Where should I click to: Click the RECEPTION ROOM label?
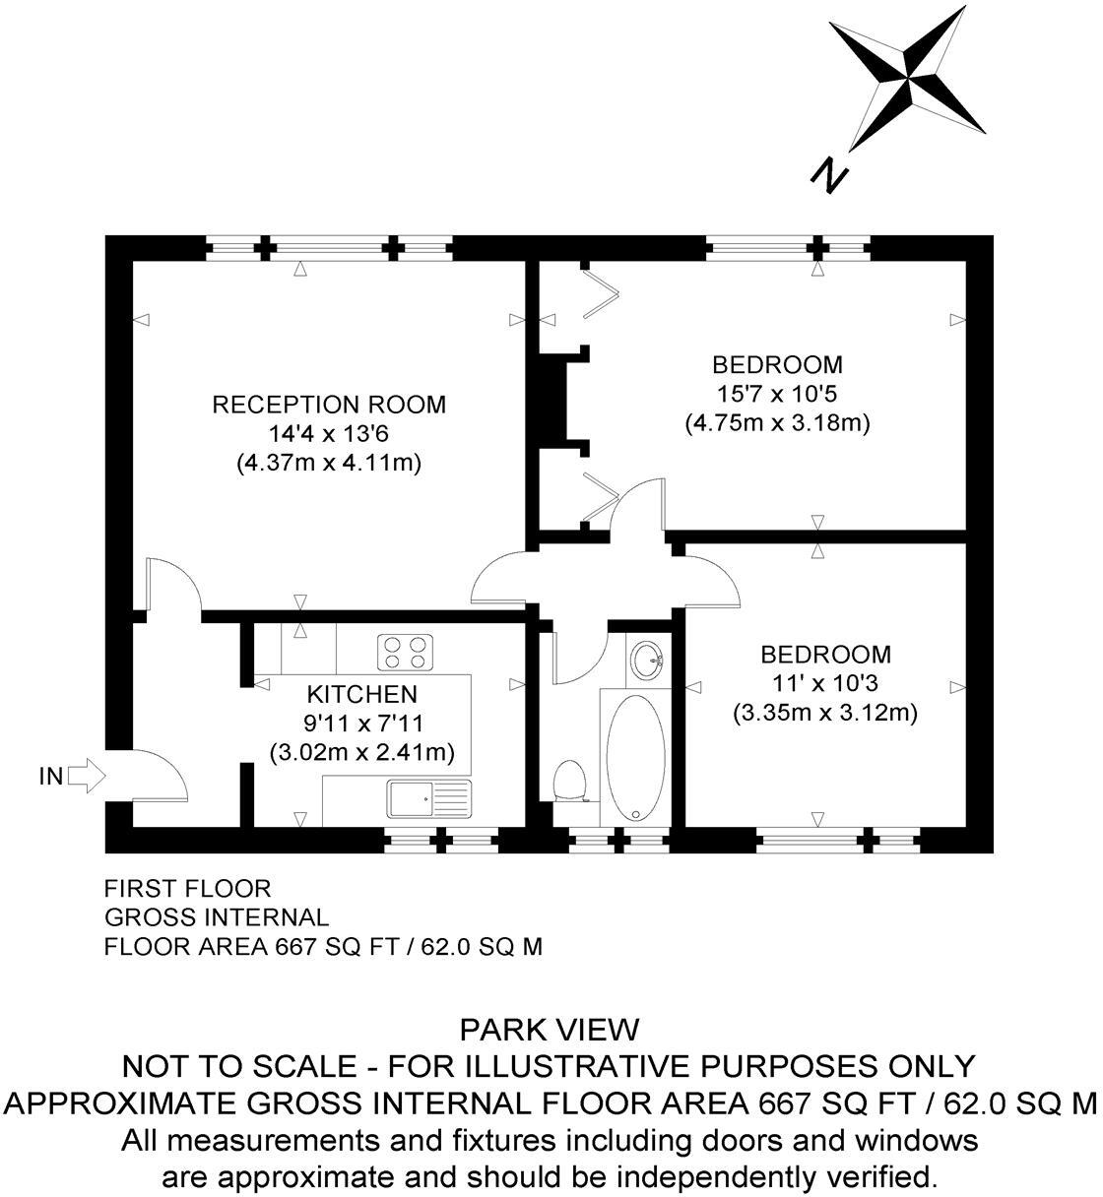pos(329,405)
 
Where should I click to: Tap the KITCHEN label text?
pos(360,694)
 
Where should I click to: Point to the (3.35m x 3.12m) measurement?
pos(825,712)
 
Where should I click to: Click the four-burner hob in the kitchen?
pos(405,652)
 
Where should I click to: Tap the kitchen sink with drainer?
pos(429,799)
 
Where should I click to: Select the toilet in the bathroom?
pos(569,782)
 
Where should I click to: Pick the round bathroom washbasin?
pos(647,660)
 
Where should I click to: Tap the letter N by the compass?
pos(829,175)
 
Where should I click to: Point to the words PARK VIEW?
pos(550,1030)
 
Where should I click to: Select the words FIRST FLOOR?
pos(187,889)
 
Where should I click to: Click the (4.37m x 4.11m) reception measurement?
pos(329,463)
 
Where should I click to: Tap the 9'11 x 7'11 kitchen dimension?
pos(362,724)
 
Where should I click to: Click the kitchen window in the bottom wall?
pos(441,840)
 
